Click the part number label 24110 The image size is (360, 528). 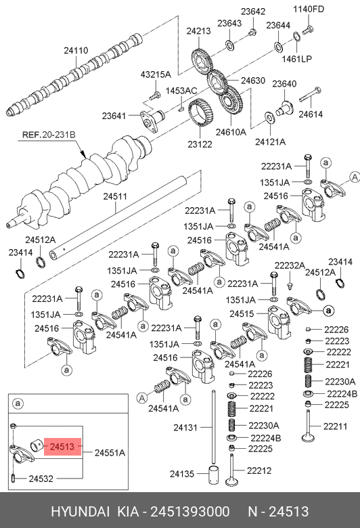76,51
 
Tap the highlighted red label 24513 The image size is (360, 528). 62,447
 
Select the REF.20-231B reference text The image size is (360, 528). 49,135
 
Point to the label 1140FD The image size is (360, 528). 309,9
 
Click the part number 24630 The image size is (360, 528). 253,81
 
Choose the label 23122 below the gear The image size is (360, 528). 200,144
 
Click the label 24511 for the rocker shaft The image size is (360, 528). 115,196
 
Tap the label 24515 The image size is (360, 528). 242,313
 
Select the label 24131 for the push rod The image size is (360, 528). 185,427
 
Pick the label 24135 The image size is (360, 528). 182,474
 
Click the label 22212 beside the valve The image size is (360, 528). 259,470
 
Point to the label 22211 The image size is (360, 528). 336,426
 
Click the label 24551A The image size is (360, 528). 110,453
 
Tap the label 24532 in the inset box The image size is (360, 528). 41,479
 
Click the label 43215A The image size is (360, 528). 156,74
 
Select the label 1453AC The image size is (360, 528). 181,91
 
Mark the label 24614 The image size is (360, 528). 311,114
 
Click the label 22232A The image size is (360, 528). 290,265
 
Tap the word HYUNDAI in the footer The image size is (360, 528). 80,512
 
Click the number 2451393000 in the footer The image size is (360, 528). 190,512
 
